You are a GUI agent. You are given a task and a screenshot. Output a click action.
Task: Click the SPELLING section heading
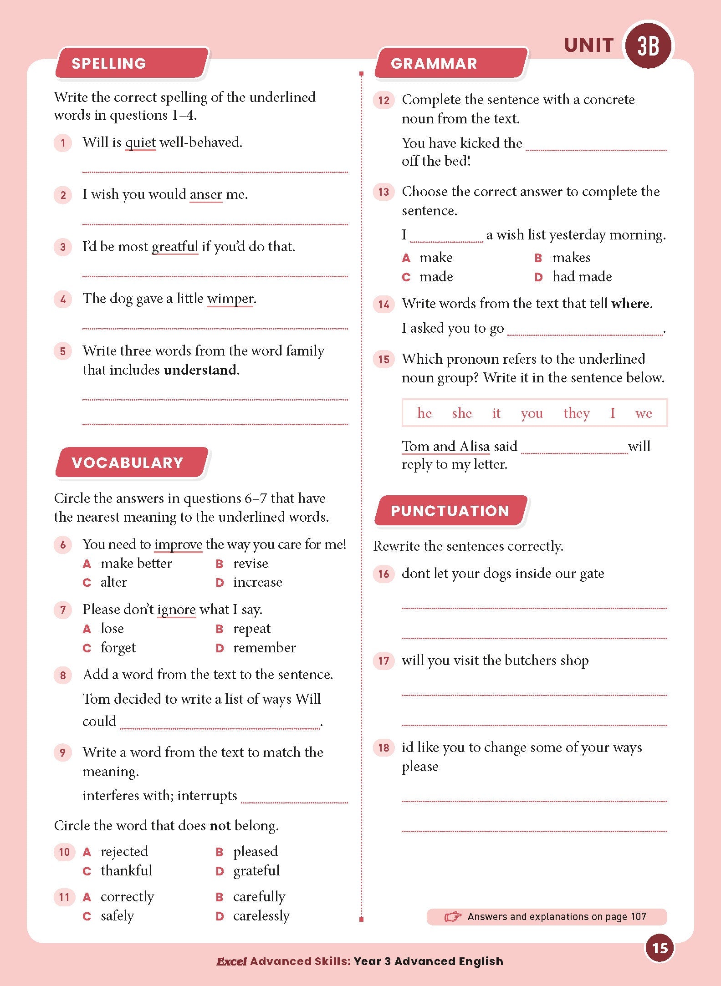coord(109,63)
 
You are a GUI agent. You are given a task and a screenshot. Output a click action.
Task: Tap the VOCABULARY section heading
coord(128,463)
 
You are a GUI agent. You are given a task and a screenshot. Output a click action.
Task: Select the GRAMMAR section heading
coord(434,63)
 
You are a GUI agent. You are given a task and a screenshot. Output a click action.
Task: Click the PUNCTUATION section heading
coord(450,511)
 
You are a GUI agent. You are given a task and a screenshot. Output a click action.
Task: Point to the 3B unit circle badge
coord(648,46)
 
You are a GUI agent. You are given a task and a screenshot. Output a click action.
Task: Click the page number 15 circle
coord(660,948)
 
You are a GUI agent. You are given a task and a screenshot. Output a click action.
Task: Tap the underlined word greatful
coord(175,247)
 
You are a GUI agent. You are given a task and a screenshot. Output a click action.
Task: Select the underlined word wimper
coord(230,299)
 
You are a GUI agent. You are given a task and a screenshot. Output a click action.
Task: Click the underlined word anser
coord(206,194)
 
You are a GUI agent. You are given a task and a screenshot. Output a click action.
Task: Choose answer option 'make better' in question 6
coord(136,564)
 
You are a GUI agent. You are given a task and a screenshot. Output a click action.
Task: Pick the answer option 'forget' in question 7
coord(118,648)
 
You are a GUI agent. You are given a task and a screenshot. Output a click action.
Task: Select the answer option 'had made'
coord(582,276)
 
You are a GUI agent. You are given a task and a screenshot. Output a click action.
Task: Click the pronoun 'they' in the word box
coord(576,413)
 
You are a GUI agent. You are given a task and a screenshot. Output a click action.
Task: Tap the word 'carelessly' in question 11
coord(261,915)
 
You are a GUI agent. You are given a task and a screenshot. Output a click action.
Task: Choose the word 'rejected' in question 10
coord(124,851)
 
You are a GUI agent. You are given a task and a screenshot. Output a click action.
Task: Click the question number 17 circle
coord(384,661)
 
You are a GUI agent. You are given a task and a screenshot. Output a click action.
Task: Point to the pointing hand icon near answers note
coord(453,916)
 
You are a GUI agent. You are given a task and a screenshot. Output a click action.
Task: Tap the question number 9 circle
coord(63,752)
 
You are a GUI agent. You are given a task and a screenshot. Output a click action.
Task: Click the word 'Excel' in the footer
coord(231,961)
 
